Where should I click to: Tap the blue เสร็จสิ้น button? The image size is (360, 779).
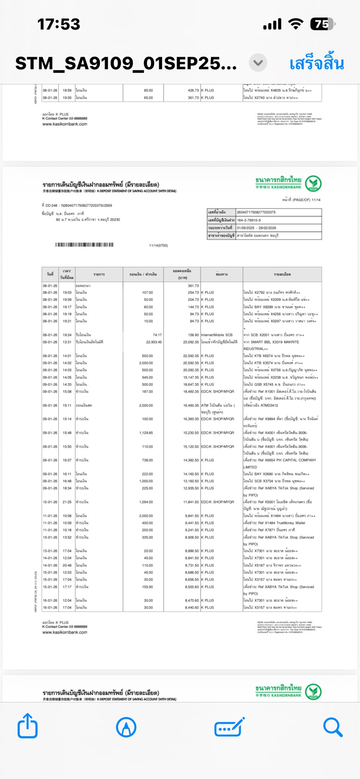click(x=317, y=64)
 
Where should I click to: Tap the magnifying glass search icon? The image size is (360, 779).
click(x=333, y=727)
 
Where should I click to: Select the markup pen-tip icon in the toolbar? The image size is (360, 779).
click(x=126, y=727)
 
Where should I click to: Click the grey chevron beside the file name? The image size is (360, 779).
click(x=258, y=63)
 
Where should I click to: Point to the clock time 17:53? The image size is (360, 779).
click(x=58, y=24)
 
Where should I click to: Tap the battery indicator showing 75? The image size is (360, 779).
click(x=323, y=24)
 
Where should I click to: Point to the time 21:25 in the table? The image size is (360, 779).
click(x=67, y=502)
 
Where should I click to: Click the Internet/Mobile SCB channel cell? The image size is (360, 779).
click(x=217, y=335)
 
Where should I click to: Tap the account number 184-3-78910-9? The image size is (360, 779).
click(x=249, y=220)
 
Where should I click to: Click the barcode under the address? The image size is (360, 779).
click(x=84, y=245)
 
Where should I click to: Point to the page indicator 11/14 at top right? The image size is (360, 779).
click(x=316, y=200)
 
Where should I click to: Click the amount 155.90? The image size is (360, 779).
click(x=147, y=587)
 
